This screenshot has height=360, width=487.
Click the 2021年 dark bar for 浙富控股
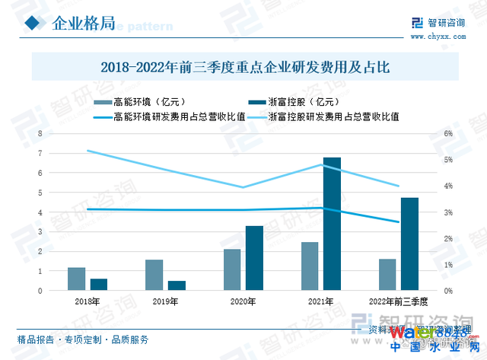point(332,224)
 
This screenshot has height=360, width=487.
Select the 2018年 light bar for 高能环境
point(76,279)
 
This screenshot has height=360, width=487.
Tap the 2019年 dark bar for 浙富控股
point(177,285)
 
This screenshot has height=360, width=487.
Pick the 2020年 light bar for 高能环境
point(232,269)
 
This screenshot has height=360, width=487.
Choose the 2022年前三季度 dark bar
point(409,244)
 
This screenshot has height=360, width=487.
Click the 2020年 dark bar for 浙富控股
point(254,258)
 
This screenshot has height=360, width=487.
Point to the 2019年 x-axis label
point(164,302)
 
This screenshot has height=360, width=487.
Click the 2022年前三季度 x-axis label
point(399,302)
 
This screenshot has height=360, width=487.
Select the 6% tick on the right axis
point(448,134)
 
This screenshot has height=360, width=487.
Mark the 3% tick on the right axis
point(448,212)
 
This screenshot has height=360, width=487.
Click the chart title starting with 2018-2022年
point(245,67)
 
